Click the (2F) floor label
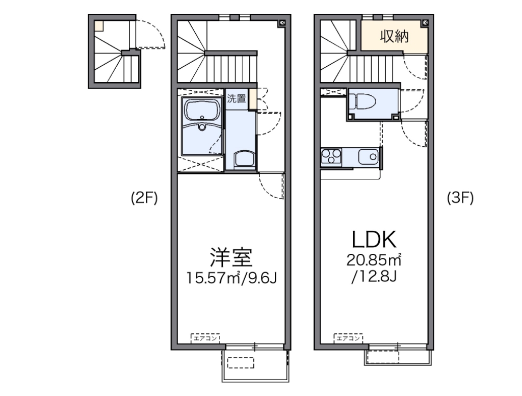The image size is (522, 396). (144, 199)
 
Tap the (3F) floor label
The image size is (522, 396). (460, 198)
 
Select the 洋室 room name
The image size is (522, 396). (231, 258)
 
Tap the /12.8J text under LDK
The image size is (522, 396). (373, 278)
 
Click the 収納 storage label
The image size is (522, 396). (394, 37)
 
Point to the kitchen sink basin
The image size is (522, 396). (368, 156)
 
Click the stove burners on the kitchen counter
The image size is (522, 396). (331, 156)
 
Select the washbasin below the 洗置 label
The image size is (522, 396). (244, 160)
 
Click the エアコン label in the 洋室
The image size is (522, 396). (205, 338)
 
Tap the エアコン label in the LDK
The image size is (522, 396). (349, 338)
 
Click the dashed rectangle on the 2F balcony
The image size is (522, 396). (240, 363)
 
